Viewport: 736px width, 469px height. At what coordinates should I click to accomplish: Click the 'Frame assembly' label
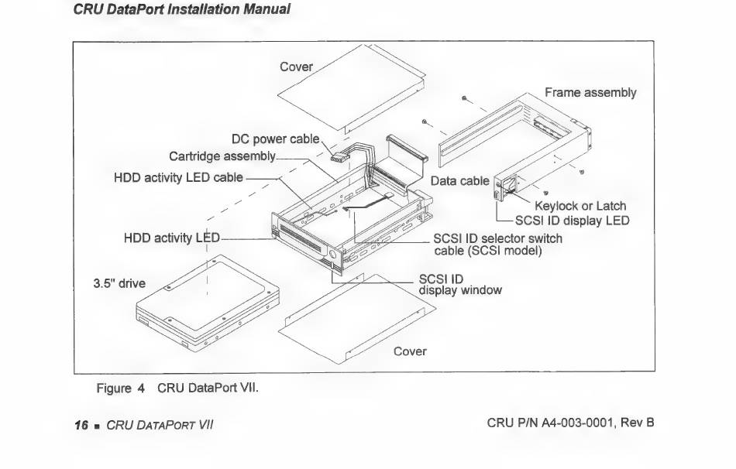coord(590,93)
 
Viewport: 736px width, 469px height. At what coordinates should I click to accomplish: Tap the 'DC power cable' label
coord(276,139)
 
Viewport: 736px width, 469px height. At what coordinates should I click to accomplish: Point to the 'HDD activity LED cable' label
coord(178,177)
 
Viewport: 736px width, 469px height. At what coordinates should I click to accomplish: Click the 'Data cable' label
coord(459,181)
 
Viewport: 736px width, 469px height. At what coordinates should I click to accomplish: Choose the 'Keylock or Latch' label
coord(580,206)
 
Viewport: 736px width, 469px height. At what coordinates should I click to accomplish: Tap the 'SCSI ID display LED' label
coord(573,221)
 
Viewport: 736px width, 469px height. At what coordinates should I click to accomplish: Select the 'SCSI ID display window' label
coord(460,284)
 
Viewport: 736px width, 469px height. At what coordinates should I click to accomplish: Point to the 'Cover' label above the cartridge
coord(296,67)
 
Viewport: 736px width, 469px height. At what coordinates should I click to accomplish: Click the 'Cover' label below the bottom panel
coord(410,351)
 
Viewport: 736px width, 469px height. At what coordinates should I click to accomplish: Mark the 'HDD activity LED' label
coord(172,238)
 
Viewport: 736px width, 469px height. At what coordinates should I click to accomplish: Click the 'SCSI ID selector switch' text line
coord(497,238)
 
